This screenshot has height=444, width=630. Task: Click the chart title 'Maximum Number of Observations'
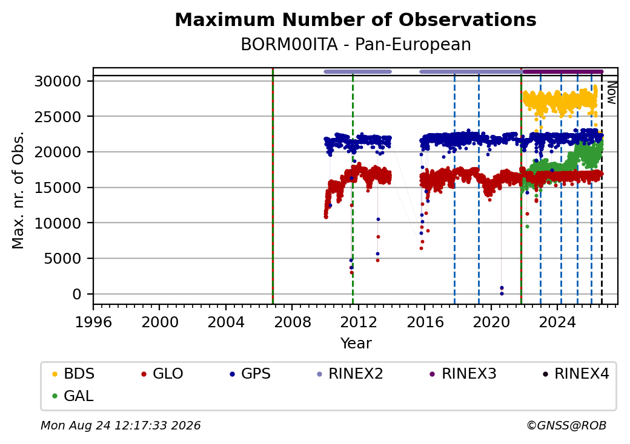tap(356, 19)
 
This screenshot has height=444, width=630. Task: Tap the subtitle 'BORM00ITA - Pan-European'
tap(356, 45)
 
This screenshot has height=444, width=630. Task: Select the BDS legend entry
tap(73, 374)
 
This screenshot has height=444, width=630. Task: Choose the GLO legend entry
tap(162, 374)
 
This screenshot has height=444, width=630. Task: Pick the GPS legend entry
tap(250, 374)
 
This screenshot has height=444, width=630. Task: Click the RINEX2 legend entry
tap(350, 374)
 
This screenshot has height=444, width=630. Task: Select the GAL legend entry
tap(73, 396)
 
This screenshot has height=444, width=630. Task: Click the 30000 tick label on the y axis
tap(58, 82)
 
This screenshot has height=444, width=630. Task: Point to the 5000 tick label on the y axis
tap(62, 259)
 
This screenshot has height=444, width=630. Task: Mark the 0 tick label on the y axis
tap(77, 295)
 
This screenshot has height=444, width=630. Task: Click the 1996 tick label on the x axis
tap(94, 322)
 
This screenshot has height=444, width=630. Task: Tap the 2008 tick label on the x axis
tap(293, 322)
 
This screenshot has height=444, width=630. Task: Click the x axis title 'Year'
tap(356, 344)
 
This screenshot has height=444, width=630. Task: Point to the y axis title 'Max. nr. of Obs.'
tap(18, 190)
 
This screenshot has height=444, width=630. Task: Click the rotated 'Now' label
tap(611, 93)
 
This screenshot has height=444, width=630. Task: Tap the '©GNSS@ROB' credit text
tap(566, 425)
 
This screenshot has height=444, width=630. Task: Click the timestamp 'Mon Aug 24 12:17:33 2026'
tap(121, 425)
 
